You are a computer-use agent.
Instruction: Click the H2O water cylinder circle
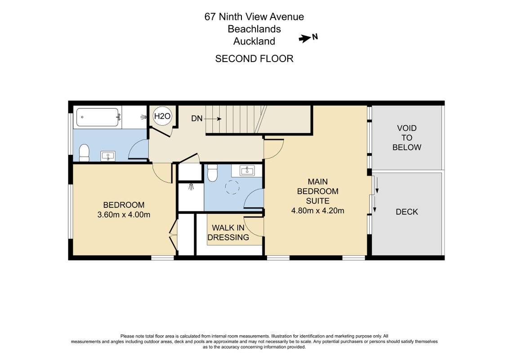pos(162,116)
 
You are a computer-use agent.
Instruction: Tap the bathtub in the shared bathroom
pos(98,117)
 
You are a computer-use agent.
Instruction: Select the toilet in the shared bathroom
pos(84,153)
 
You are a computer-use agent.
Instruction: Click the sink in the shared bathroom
pos(108,156)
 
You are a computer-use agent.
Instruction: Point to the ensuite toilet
pos(212,173)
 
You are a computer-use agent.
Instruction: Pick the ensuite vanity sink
pos(247,170)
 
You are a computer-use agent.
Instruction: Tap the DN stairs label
pos(196,119)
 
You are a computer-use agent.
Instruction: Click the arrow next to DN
pos(213,119)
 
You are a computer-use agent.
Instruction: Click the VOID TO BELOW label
pos(407,138)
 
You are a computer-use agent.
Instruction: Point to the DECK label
pos(407,212)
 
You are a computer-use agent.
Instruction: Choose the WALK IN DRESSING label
pos(228,233)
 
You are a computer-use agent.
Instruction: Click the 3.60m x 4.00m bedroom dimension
pos(124,215)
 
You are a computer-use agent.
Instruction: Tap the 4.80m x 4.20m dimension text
pos(318,211)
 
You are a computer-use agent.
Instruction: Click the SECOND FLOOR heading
pos(254,58)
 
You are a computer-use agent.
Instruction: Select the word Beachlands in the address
pos(254,29)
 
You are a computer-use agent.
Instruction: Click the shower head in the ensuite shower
pos(191,187)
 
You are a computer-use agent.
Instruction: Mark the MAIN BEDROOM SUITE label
pos(318,191)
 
